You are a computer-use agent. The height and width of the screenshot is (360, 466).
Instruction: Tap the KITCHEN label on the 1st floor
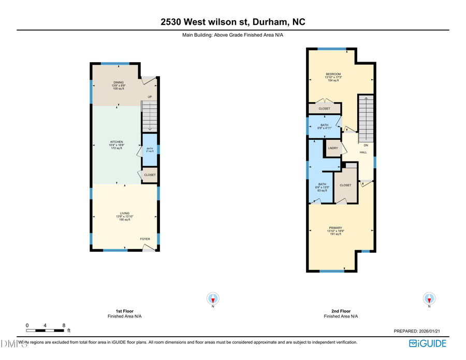(116, 142)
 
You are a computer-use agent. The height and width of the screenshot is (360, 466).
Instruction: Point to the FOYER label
(145, 239)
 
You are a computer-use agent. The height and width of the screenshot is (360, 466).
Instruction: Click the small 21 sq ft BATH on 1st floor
(150, 149)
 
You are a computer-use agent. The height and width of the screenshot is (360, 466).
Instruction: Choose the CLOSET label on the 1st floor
(150, 175)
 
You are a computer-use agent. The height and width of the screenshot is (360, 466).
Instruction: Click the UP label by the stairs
(150, 97)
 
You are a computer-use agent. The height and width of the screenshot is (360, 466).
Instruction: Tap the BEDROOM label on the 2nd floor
(333, 74)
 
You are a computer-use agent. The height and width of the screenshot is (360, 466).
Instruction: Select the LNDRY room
(333, 149)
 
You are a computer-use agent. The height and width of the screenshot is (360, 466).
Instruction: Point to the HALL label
(363, 152)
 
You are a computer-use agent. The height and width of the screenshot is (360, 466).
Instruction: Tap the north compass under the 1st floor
(213, 299)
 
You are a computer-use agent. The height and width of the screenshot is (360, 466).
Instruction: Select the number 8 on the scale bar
(64, 325)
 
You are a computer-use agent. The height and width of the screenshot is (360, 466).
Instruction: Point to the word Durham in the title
(271, 22)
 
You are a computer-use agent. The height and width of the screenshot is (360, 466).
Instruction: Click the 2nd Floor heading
(341, 311)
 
